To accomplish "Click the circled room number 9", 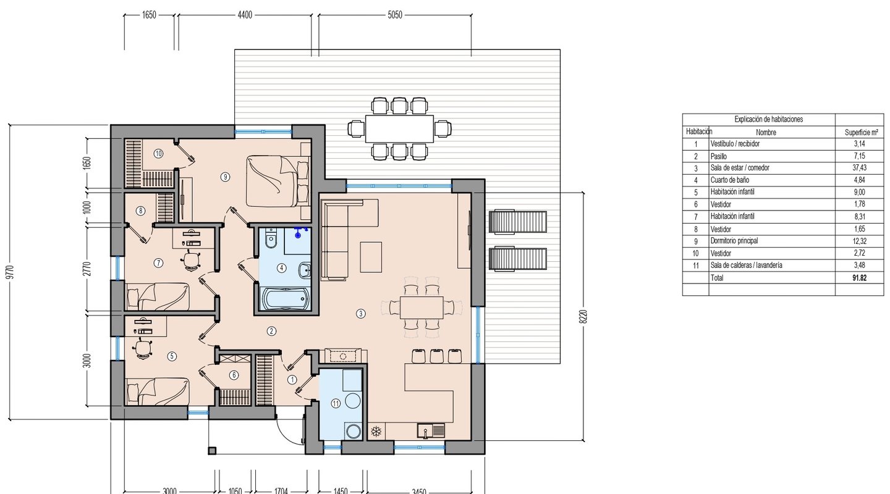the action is pyautogui.click(x=225, y=177).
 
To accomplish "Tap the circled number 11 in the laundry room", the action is pyautogui.click(x=336, y=403).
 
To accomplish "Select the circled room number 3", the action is pyautogui.click(x=361, y=314).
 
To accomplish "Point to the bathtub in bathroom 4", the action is pyautogui.click(x=284, y=298).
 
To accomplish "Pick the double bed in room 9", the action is pyautogui.click(x=278, y=181).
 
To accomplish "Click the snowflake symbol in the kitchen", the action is pyautogui.click(x=376, y=431).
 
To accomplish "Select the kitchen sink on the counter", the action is pyautogui.click(x=431, y=430).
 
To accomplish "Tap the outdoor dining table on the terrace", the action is pyautogui.click(x=399, y=128).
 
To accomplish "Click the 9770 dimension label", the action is pyautogui.click(x=11, y=272).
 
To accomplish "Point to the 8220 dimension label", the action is pyautogui.click(x=583, y=317).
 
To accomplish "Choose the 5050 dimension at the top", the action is pyautogui.click(x=395, y=15).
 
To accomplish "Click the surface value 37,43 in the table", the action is pyautogui.click(x=859, y=167).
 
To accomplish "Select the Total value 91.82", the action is pyautogui.click(x=859, y=278).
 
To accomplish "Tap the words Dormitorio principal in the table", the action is pyautogui.click(x=734, y=241).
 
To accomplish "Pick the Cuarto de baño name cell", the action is pyautogui.click(x=730, y=180).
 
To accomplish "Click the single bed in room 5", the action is pyautogui.click(x=158, y=391).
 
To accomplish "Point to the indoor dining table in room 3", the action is pyautogui.click(x=422, y=307).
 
